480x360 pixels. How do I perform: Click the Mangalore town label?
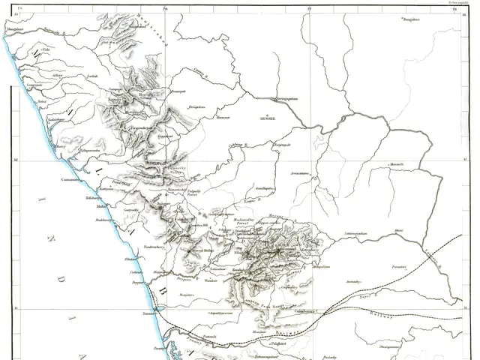tap(16, 28)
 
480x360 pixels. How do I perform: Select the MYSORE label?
tap(268, 118)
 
